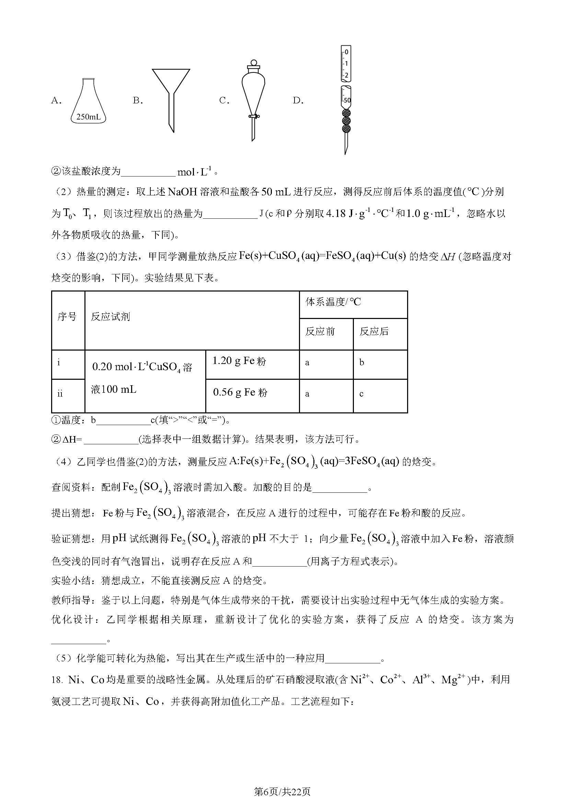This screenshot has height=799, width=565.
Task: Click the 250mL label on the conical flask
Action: [x=88, y=117]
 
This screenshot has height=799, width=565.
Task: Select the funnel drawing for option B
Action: [x=171, y=98]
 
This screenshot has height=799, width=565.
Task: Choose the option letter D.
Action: [x=298, y=101]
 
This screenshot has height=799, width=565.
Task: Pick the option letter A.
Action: [x=56, y=101]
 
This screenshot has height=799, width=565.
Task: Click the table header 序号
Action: [x=67, y=316]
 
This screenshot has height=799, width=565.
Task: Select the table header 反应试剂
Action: [x=110, y=316]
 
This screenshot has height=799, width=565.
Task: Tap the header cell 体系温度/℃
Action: [x=333, y=302]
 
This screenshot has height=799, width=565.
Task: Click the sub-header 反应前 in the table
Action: [x=320, y=331]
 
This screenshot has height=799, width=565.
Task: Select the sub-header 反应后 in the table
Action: [x=374, y=331]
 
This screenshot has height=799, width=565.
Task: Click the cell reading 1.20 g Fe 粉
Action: [x=239, y=361]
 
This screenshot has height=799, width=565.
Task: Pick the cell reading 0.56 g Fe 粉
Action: [x=240, y=392]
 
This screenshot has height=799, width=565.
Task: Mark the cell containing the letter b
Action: [x=362, y=363]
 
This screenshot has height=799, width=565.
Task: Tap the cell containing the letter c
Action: [x=361, y=394]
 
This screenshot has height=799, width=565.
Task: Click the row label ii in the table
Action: [x=60, y=394]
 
